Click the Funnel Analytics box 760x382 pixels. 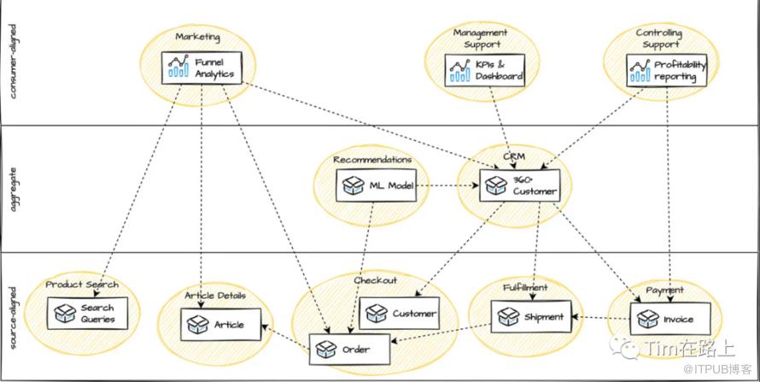coord(202,68)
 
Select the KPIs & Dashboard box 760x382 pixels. coord(485,70)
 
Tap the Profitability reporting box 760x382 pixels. coord(666,70)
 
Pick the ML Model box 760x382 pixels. coord(376,185)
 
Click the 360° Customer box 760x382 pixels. coord(519,185)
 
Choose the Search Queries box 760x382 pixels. coord(87,313)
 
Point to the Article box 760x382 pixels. coord(220,324)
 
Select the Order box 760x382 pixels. coord(349,349)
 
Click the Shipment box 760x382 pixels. coord(531,316)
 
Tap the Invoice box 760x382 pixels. coord(670,319)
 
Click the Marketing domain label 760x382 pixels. coord(198,37)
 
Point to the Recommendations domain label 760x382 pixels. coord(372,159)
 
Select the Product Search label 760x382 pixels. coord(82,284)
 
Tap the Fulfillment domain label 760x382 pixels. coord(524,287)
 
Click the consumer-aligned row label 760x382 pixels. coord(13,61)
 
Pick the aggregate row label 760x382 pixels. coord(13,190)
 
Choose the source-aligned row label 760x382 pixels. coord(13,318)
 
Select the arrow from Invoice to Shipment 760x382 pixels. coord(601,318)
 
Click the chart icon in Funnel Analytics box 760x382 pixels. coord(178,67)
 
